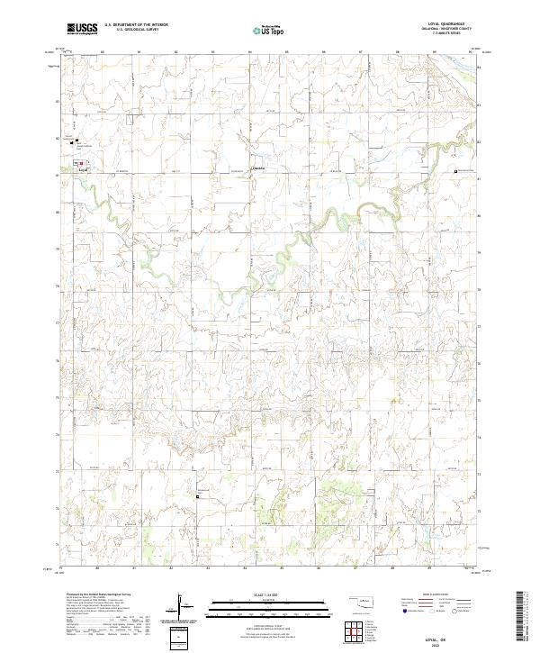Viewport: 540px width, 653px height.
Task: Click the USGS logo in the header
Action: coord(83,29)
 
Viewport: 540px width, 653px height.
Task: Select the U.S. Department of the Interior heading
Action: coord(136,24)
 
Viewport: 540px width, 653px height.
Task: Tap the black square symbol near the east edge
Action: coord(457,170)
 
